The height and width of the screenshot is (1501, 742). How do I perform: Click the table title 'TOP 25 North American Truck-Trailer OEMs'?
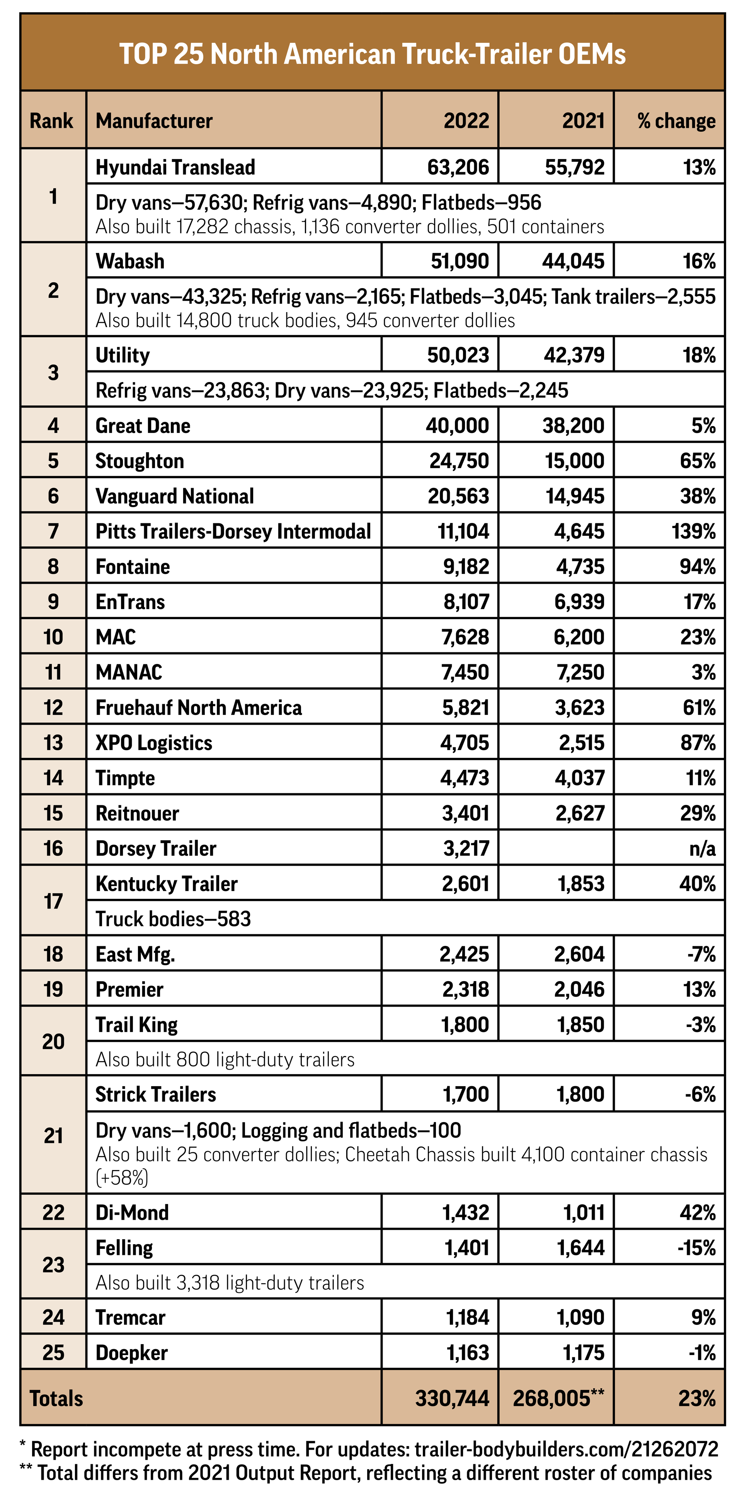372,54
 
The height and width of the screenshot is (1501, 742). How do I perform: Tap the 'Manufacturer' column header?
154,121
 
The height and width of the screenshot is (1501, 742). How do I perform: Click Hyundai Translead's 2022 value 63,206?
458,167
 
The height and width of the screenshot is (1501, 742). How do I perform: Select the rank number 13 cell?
53,743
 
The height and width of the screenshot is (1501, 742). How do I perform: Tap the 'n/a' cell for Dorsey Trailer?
702,848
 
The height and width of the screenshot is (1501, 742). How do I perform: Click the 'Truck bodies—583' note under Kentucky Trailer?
173,919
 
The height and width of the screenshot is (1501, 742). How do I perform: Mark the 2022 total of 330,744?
452,1398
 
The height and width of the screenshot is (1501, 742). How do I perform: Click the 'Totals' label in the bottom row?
56,1398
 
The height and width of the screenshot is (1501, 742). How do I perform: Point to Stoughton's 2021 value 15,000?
574,461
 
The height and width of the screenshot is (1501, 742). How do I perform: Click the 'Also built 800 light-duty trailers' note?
225,1060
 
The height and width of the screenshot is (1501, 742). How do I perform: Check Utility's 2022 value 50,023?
458,355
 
